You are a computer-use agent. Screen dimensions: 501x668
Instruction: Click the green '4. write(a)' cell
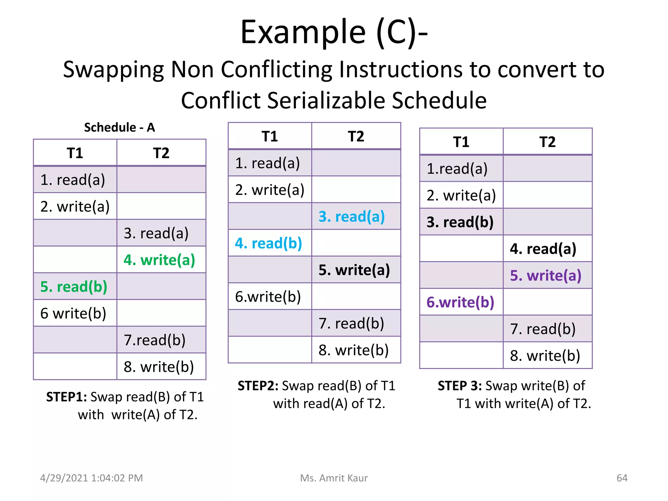pyautogui.click(x=159, y=260)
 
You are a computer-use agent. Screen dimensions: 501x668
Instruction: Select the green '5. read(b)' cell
pyautogui.click(x=74, y=287)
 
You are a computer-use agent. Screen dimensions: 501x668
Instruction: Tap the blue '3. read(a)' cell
pyautogui.click(x=352, y=217)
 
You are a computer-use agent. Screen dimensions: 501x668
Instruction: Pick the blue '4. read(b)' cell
pyautogui.click(x=268, y=243)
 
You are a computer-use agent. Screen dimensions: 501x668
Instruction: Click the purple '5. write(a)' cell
pyautogui.click(x=546, y=276)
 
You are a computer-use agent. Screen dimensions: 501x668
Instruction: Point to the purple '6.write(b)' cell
pyautogui.click(x=460, y=302)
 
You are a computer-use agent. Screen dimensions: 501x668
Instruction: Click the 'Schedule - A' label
pyautogui.click(x=119, y=127)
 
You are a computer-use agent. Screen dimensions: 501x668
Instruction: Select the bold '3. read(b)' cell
pyautogui.click(x=460, y=222)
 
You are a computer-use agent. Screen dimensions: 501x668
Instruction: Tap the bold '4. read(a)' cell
pyautogui.click(x=543, y=249)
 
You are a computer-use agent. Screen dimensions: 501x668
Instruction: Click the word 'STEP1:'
pyautogui.click(x=66, y=397)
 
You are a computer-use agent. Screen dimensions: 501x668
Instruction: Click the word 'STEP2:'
pyautogui.click(x=258, y=386)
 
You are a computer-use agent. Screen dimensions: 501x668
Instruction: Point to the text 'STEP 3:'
pyautogui.click(x=460, y=386)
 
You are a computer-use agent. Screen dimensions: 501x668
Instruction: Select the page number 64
pyautogui.click(x=622, y=478)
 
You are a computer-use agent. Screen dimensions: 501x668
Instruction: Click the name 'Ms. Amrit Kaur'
pyautogui.click(x=334, y=478)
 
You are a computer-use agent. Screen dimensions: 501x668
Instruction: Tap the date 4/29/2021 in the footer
pyautogui.click(x=64, y=478)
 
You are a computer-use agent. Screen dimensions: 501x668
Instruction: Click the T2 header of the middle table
pyautogui.click(x=356, y=136)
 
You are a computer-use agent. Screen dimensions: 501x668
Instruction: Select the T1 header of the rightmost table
pyautogui.click(x=461, y=142)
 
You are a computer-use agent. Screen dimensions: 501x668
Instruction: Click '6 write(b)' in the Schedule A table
pyautogui.click(x=73, y=313)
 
